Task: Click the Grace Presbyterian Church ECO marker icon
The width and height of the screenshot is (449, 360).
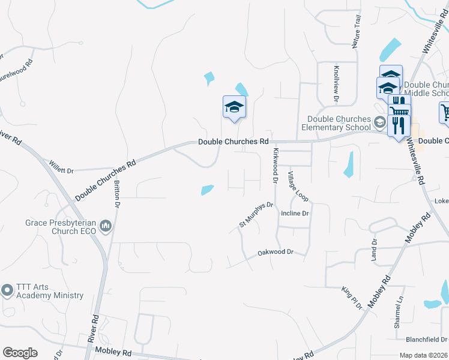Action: (x=106, y=226)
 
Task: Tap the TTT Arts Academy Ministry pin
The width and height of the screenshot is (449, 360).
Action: (x=7, y=290)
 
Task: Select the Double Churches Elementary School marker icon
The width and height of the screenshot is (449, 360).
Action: (x=379, y=122)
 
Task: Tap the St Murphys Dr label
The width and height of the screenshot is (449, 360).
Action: (x=256, y=214)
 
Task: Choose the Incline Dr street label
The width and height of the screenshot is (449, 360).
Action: (x=295, y=213)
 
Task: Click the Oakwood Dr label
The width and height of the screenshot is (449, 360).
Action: (x=276, y=253)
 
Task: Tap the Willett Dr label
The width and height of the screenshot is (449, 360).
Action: (x=61, y=170)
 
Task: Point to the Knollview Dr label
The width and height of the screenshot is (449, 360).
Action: (x=337, y=82)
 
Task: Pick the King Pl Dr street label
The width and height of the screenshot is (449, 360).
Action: (x=352, y=298)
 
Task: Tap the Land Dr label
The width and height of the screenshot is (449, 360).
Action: (x=374, y=250)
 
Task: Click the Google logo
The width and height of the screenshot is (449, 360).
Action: (x=20, y=353)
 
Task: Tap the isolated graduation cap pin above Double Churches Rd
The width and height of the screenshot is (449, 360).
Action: (x=234, y=107)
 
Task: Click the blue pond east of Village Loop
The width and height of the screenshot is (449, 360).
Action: (x=349, y=165)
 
